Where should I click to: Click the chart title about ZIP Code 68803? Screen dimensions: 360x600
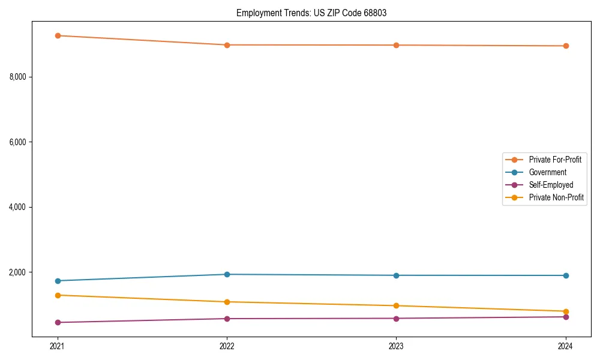[x=311, y=13]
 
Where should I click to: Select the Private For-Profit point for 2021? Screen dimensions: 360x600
[x=58, y=35]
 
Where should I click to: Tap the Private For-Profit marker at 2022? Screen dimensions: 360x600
[x=227, y=45]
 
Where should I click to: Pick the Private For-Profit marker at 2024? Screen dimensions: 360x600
[x=566, y=46]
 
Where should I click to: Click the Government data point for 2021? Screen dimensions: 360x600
[x=58, y=281]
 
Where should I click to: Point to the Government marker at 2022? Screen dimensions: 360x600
[x=227, y=274]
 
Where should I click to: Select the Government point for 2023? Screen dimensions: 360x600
[x=396, y=275]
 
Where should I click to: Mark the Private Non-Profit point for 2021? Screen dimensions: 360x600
[x=58, y=295]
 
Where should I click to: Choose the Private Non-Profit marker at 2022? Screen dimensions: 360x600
[x=227, y=302]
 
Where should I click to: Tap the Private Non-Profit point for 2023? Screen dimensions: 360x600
[x=396, y=306]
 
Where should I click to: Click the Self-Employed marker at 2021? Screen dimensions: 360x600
[x=58, y=322]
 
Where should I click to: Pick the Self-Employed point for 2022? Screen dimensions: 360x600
[x=227, y=319]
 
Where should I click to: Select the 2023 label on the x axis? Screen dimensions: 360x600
[x=396, y=346]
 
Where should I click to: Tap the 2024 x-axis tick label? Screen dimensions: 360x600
[x=566, y=346]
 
